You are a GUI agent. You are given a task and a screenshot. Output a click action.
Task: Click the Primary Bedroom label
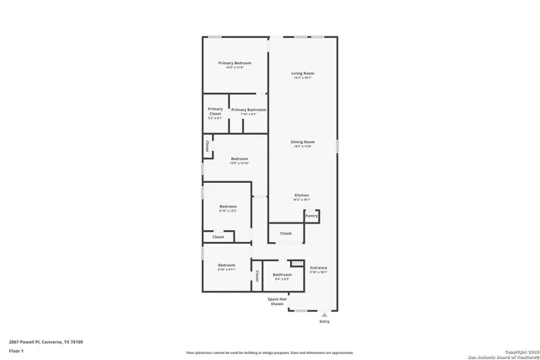235,64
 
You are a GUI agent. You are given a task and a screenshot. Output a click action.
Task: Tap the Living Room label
302,74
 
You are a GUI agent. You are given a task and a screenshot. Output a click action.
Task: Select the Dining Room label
302,142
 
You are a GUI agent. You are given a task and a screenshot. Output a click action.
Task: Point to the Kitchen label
301,196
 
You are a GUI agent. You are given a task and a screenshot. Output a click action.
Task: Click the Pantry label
311,216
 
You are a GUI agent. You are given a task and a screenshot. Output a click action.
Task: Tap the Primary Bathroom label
249,110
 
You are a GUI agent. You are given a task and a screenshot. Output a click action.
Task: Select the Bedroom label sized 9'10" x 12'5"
228,207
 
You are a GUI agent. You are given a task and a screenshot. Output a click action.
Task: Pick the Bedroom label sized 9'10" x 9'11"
226,266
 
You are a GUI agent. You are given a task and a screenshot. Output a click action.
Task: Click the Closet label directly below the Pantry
285,233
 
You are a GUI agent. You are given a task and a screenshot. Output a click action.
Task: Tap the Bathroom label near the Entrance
282,275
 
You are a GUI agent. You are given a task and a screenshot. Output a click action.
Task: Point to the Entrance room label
318,269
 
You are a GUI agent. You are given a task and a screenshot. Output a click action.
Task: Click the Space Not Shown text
278,301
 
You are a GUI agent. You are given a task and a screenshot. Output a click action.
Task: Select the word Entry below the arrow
324,322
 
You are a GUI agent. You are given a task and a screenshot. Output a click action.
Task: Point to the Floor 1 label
15,350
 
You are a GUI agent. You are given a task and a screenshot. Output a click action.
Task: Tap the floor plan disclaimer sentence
270,352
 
